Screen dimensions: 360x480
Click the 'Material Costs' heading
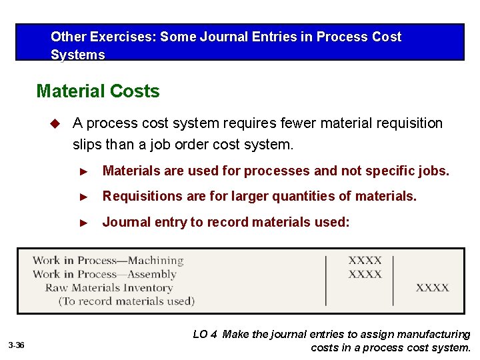(98, 91)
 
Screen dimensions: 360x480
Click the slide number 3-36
(17, 345)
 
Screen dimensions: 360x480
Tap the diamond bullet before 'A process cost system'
(56, 123)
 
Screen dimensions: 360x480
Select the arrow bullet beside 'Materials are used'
(84, 171)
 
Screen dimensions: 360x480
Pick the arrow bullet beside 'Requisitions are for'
(84, 197)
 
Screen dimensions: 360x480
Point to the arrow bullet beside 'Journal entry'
(84, 223)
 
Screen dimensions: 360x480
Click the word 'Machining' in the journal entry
(155, 261)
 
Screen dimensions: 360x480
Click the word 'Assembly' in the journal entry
(152, 274)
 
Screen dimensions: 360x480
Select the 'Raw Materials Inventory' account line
(109, 288)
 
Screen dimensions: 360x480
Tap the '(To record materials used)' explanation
(127, 301)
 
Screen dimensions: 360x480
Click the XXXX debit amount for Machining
(365, 261)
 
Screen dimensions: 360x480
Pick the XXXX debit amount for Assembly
(365, 274)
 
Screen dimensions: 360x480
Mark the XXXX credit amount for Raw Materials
(432, 288)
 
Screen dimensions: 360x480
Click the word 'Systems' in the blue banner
(78, 55)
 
